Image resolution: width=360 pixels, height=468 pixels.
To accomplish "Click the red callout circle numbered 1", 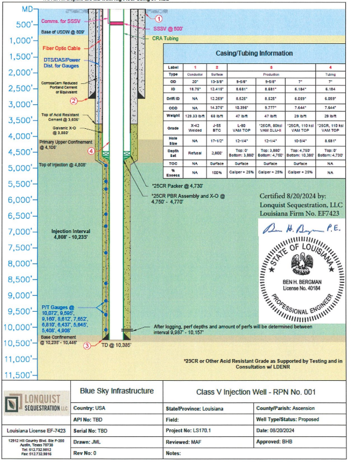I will (158, 9).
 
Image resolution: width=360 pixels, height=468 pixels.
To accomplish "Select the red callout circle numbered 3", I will (87, 346).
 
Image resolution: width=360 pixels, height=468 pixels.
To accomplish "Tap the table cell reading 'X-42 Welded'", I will (196, 127).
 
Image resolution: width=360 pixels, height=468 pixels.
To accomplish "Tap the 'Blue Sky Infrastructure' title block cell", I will (117, 391).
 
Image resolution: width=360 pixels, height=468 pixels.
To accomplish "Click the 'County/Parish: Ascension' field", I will (298, 407).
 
